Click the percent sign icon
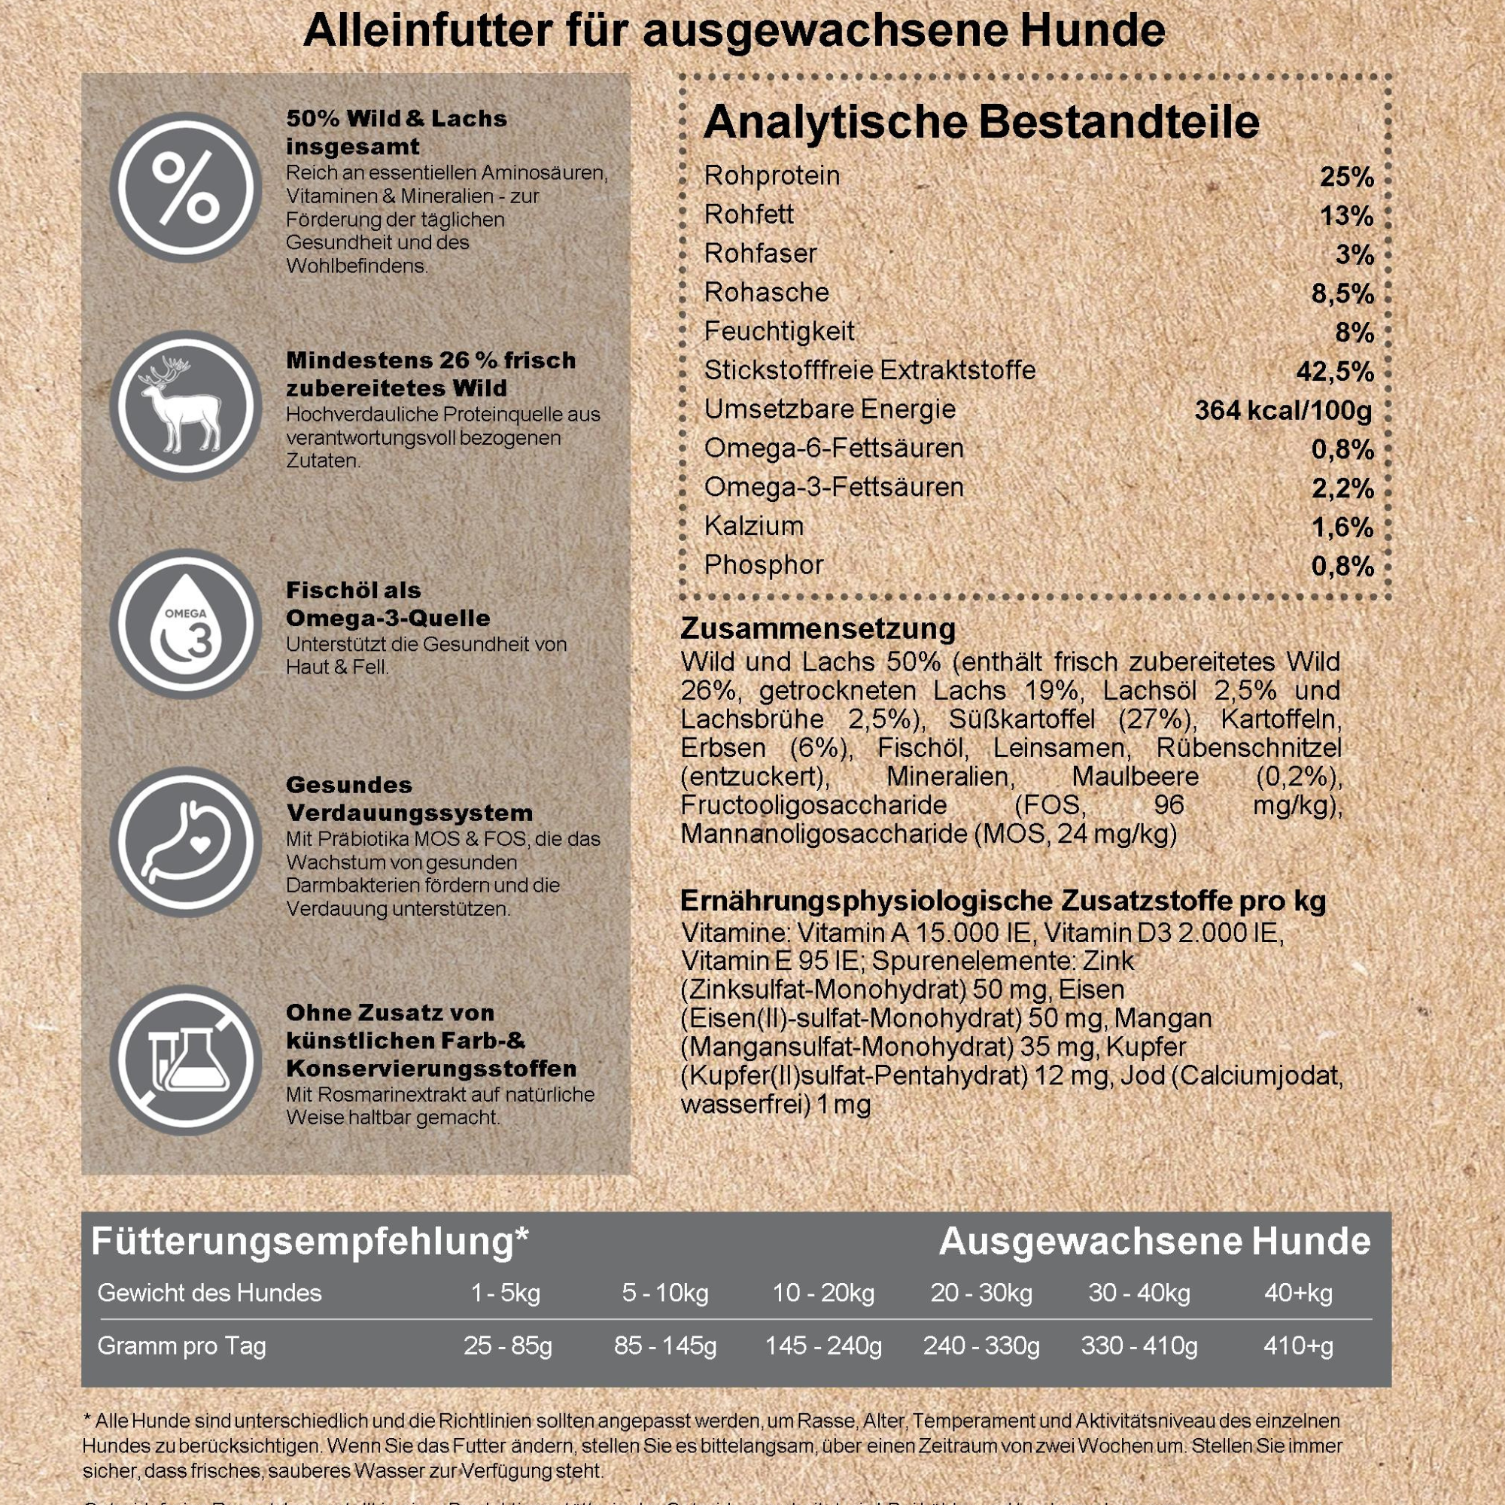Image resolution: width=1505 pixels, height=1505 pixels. pyautogui.click(x=185, y=187)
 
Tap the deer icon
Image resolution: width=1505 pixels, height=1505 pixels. pyautogui.click(x=185, y=406)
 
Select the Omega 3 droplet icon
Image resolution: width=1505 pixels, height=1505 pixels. pyautogui.click(x=185, y=624)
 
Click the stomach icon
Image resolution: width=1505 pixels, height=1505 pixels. pyautogui.click(x=185, y=842)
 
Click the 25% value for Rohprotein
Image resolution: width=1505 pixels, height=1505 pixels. pyautogui.click(x=1346, y=178)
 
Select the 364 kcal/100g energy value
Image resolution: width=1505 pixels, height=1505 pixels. pyautogui.click(x=1283, y=411)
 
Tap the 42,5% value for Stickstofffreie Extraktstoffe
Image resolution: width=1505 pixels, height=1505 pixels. pyautogui.click(x=1334, y=372)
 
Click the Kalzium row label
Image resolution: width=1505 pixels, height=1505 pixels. pyautogui.click(x=753, y=527)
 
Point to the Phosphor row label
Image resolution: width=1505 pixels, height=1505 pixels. pyautogui.click(x=763, y=566)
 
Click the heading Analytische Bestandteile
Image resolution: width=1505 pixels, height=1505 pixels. pyautogui.click(x=981, y=123)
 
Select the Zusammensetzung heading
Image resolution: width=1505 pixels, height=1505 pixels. pyautogui.click(x=818, y=628)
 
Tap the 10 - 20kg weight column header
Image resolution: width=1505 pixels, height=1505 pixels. pyautogui.click(x=823, y=1293)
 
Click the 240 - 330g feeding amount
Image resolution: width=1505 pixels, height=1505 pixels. pyautogui.click(x=981, y=1346)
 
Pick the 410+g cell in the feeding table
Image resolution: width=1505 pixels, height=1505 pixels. pyautogui.click(x=1299, y=1346)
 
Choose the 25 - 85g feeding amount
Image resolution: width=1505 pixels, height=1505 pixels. pyautogui.click(x=508, y=1346)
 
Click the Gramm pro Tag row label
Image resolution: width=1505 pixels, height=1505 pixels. pyautogui.click(x=181, y=1346)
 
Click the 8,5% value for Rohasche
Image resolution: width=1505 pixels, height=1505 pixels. pyautogui.click(x=1342, y=293)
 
